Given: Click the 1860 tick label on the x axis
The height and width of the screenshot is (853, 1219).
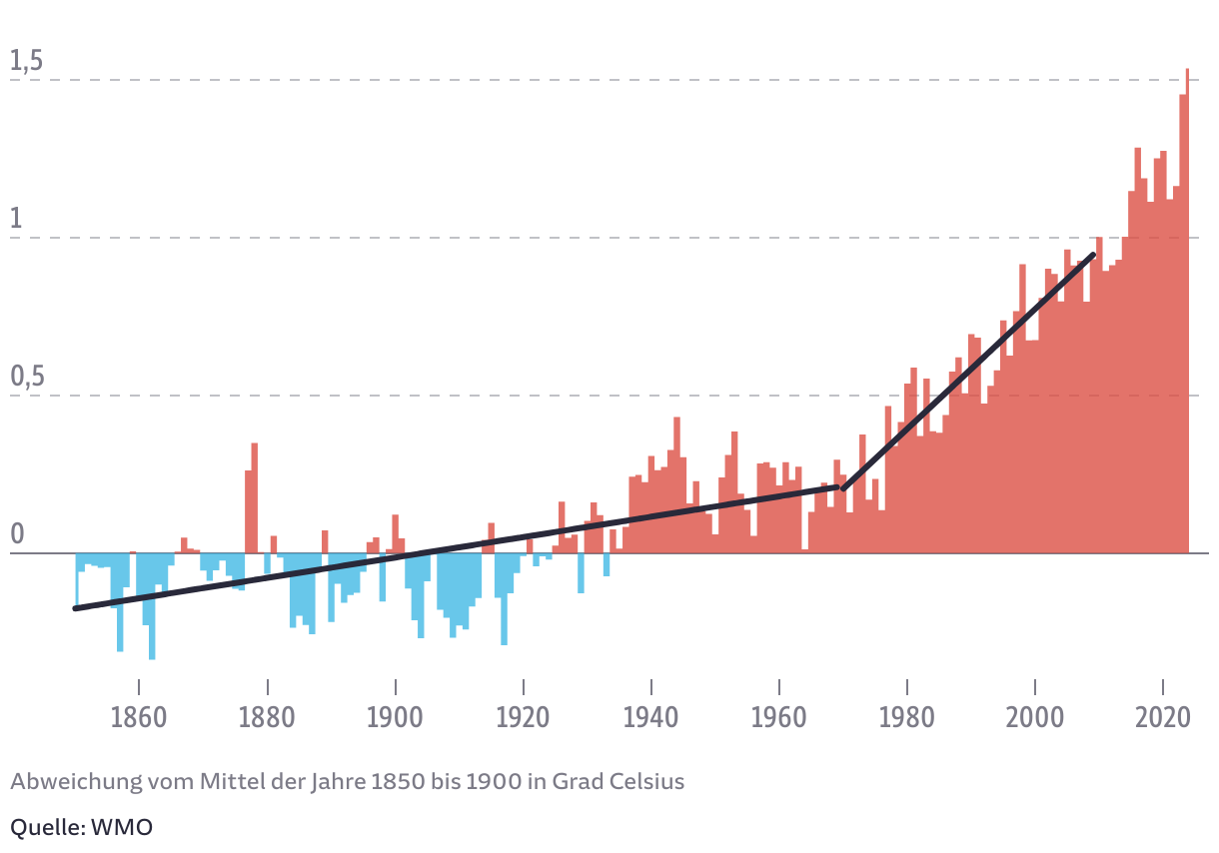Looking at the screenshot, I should pos(139,718).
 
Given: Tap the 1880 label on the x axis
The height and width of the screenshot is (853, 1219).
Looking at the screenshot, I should pos(267,718).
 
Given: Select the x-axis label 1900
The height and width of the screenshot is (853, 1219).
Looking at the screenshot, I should pos(396,718).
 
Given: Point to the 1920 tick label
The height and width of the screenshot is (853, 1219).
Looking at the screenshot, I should pos(524,718).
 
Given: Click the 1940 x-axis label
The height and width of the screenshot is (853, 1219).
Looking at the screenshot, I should pos(651,718).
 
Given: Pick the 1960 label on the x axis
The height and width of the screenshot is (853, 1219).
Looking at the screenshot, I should pos(779,718).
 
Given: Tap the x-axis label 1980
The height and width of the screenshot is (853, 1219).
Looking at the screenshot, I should pos(907,718).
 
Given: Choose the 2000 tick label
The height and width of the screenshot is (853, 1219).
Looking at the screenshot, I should pos(1035,718).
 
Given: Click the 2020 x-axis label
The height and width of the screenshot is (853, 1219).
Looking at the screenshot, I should pos(1163,718).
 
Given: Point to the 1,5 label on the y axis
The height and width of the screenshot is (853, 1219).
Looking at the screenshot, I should pos(26,62).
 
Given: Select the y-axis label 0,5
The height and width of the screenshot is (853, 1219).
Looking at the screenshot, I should pos(26,379).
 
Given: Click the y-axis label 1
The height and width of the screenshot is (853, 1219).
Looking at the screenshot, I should pos(16,220).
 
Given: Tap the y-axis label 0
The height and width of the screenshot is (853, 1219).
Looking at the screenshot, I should pos(16,536).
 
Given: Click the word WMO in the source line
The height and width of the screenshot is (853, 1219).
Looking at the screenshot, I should pos(122,828).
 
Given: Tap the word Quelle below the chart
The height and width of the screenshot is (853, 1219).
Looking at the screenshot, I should pos(46,828).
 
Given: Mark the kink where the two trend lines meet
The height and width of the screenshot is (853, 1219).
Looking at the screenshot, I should pos(842,487).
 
